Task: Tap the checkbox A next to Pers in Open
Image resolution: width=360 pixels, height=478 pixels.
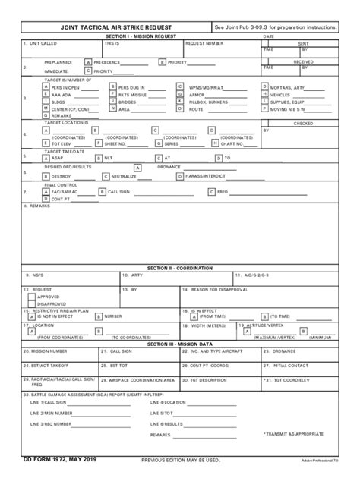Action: (x=47, y=87)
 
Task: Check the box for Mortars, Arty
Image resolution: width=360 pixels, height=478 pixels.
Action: (x=265, y=87)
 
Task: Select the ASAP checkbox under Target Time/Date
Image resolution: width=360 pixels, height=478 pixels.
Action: (x=47, y=158)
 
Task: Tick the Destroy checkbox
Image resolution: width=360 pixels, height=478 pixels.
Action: (x=47, y=176)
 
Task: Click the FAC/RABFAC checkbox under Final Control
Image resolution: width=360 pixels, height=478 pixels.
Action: (x=47, y=192)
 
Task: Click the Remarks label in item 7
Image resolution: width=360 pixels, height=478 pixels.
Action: (x=40, y=206)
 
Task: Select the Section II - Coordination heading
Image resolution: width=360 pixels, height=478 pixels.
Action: (x=180, y=268)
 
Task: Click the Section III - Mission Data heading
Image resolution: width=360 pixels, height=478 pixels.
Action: (x=180, y=344)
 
